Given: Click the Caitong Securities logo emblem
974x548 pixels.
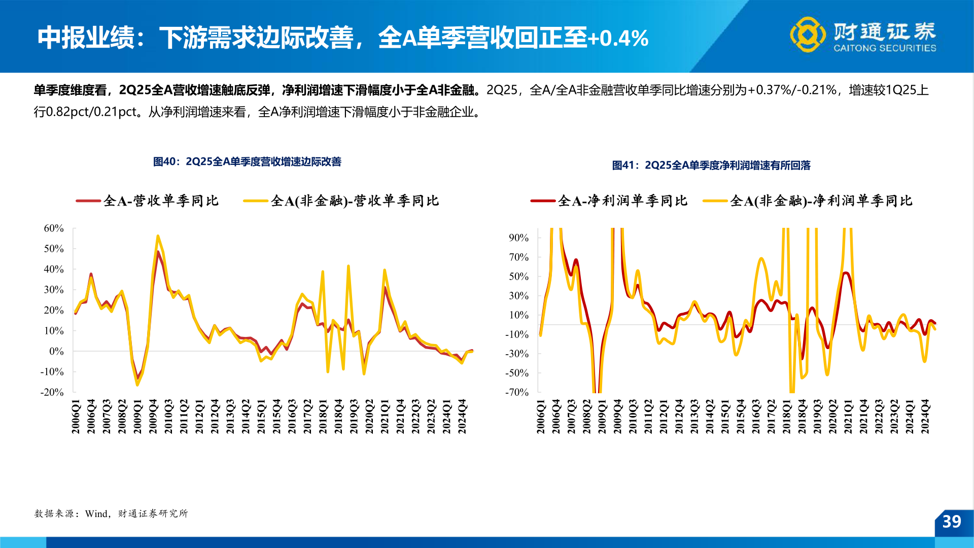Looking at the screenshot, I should click(x=808, y=35).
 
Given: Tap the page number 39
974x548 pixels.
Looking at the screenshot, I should click(x=952, y=522).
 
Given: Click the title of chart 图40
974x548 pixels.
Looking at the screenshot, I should click(x=247, y=162).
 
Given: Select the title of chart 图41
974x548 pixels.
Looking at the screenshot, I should click(x=711, y=165).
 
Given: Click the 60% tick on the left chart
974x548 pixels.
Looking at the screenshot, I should click(x=54, y=228).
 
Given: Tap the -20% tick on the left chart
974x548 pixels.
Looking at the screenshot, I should click(x=52, y=392).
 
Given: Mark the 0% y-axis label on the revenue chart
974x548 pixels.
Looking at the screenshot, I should click(x=56, y=351).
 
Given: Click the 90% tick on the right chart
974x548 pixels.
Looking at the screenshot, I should click(x=518, y=237).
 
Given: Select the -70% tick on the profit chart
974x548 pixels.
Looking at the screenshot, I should click(x=517, y=392).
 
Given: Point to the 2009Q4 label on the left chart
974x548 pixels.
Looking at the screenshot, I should click(x=153, y=417).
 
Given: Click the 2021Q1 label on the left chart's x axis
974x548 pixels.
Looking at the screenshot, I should click(x=385, y=417).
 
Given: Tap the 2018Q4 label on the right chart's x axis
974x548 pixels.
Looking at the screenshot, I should click(x=802, y=417).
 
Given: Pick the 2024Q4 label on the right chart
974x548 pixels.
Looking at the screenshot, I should click(x=925, y=417).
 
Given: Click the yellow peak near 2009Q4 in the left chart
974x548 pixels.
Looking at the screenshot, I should click(x=158, y=236).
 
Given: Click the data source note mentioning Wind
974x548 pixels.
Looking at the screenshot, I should click(x=111, y=513).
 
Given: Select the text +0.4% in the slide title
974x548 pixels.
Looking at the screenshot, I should click(x=618, y=39).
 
